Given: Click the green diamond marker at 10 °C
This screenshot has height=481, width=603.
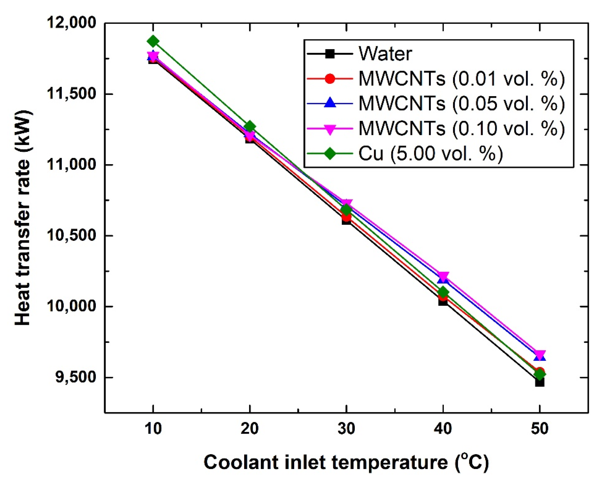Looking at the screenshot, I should (x=153, y=41).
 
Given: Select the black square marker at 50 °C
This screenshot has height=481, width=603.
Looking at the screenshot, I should (x=540, y=382).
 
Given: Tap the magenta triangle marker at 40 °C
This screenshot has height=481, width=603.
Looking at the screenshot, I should (x=443, y=277).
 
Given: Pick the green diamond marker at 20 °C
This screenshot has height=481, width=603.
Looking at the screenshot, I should (x=249, y=127).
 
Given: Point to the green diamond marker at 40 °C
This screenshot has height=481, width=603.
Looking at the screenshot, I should (x=443, y=292).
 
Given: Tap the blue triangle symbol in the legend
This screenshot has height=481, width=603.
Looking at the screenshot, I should (x=330, y=103).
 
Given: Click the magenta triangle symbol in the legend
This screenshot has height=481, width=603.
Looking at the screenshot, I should (x=330, y=129).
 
